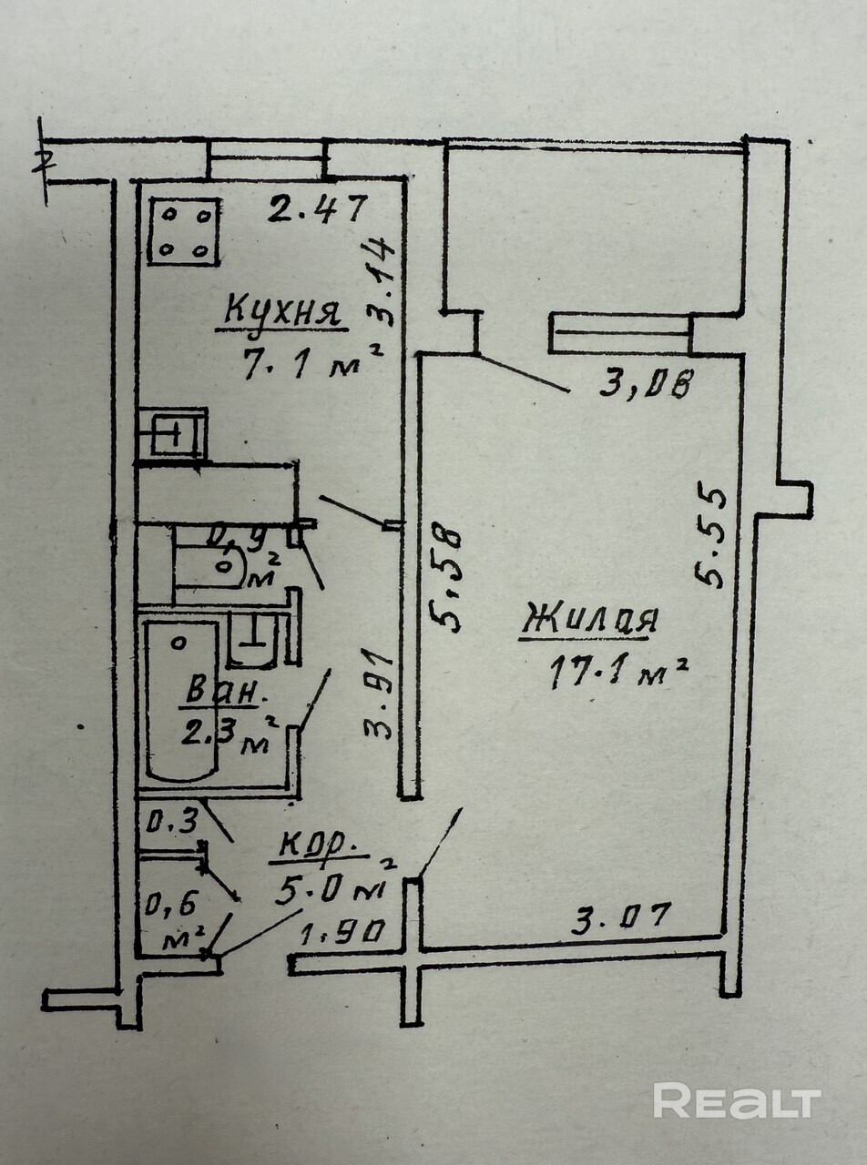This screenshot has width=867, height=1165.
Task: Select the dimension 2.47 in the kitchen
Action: (317, 210)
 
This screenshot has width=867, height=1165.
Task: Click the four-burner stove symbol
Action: (183, 231)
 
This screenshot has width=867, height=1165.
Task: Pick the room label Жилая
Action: (589, 621)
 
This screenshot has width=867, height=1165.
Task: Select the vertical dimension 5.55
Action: (711, 538)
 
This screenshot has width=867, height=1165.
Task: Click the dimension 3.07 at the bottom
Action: (621, 917)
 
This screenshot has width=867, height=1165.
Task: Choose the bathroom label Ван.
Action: (225, 691)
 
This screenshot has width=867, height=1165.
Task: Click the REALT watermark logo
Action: (736, 1101)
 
